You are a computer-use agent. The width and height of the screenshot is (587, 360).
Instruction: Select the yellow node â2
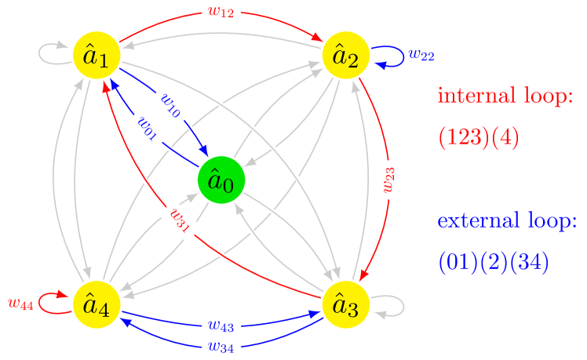[x=345, y=56]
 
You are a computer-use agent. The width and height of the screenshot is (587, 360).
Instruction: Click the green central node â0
[x=221, y=180]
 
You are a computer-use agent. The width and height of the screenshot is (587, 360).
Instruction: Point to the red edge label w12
[x=221, y=13]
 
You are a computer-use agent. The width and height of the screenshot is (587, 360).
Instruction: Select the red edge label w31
[x=180, y=222]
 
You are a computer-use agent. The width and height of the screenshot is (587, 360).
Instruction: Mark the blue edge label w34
[x=221, y=346]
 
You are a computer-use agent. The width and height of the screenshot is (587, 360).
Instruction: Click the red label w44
[x=20, y=304]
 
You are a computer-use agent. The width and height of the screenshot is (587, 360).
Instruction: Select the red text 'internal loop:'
[x=505, y=96]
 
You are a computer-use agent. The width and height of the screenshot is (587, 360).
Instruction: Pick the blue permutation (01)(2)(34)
[x=494, y=261]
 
